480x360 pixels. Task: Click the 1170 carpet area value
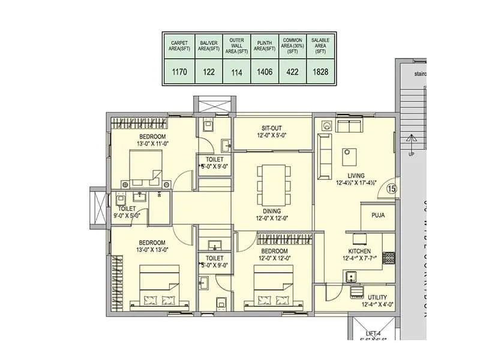pyautogui.click(x=179, y=72)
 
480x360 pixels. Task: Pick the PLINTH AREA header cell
pyautogui.click(x=265, y=46)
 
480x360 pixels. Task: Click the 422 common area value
pyautogui.click(x=293, y=72)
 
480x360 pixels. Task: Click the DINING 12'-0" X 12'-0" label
pyautogui.click(x=272, y=214)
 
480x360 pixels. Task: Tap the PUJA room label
pyautogui.click(x=378, y=215)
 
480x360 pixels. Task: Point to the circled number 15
pyautogui.click(x=392, y=188)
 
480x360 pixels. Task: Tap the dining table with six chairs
pyautogui.click(x=272, y=184)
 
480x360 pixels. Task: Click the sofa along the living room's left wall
pyautogui.click(x=325, y=155)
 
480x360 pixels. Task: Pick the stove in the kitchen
pyautogui.click(x=388, y=258)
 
